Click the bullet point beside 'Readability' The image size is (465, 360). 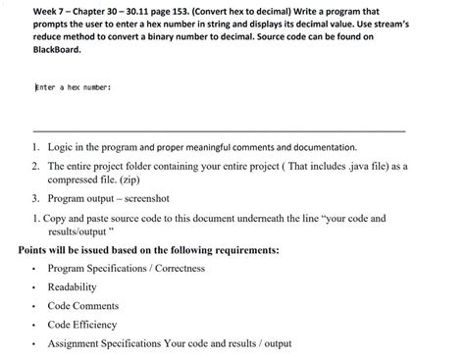tap(33, 287)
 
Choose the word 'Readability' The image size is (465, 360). tap(73, 287)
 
